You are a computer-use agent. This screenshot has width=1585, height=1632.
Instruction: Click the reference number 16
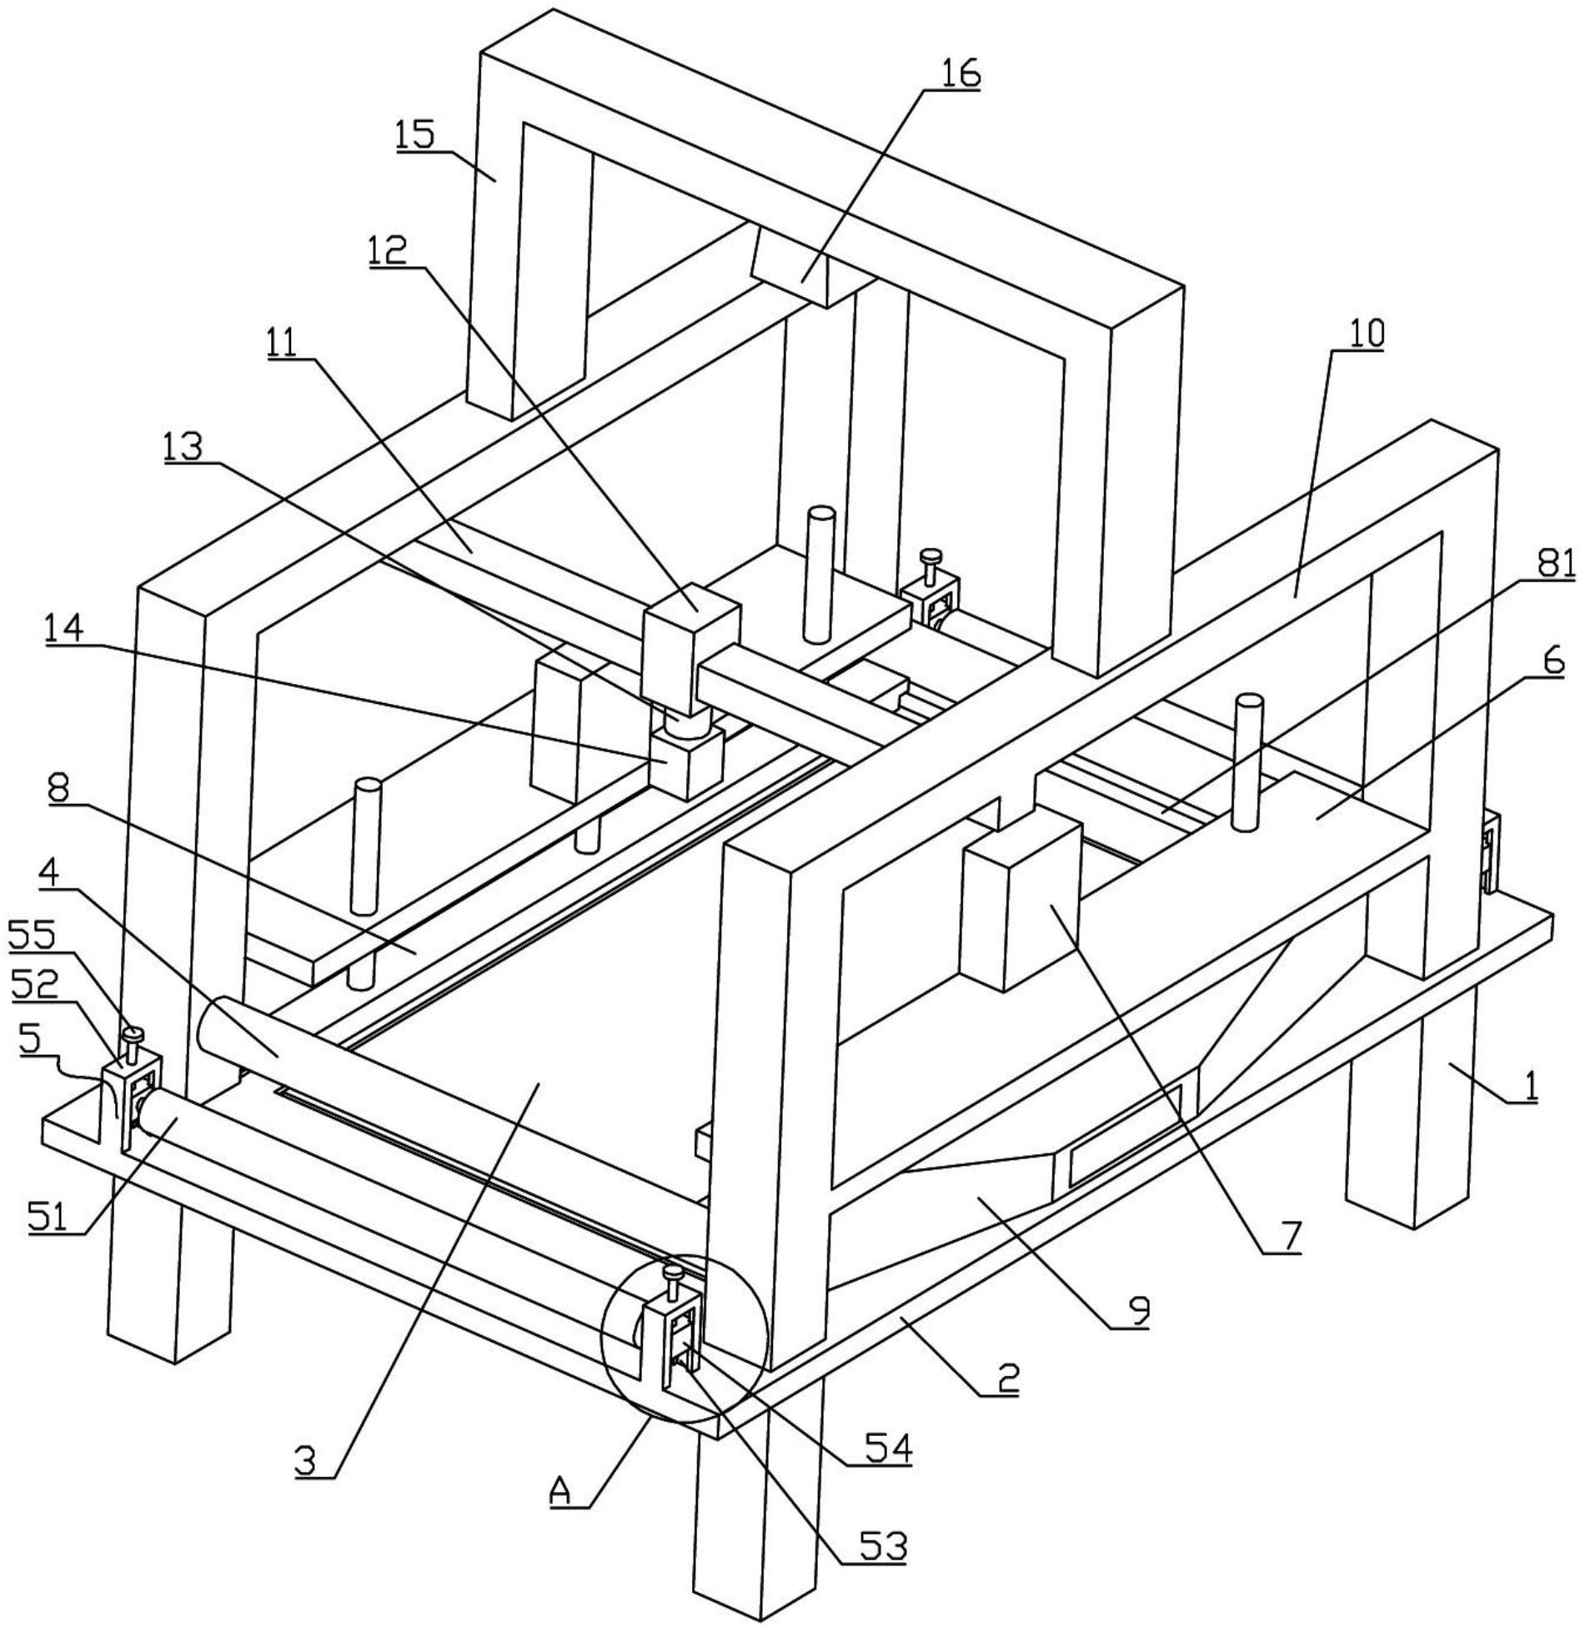960,73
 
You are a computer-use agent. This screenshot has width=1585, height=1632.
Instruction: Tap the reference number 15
415,133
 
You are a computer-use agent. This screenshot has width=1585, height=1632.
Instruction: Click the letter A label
561,1514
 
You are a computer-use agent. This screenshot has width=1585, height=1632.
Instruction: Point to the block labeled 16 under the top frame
805,271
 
